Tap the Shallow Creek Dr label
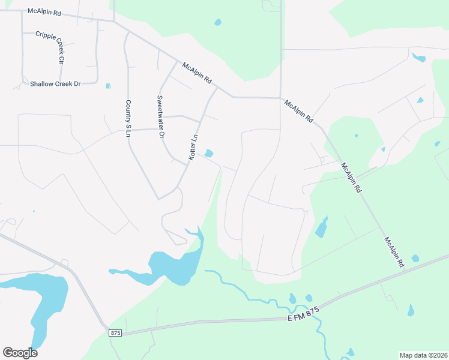point(55,84)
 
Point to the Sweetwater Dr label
point(160,117)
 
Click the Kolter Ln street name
point(193,147)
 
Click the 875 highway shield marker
point(116,332)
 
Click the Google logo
point(20,353)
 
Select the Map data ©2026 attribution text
point(423,355)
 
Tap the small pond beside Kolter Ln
point(208,154)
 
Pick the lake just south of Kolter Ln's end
point(174,264)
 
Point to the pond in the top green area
point(217,23)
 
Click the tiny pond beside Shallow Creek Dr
point(108,86)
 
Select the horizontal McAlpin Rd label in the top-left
point(44,11)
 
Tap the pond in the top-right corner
point(419,58)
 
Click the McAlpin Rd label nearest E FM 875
point(395,252)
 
